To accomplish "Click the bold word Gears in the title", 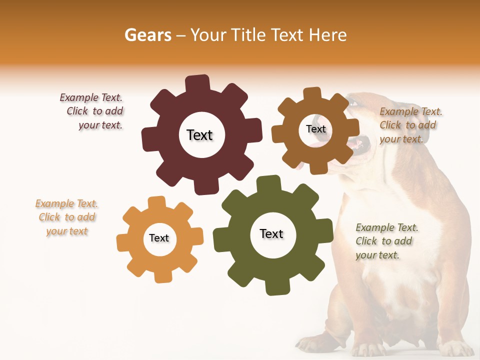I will [x=147, y=35].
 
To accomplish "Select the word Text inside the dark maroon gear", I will [x=199, y=135].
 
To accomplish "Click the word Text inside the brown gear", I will [x=315, y=129].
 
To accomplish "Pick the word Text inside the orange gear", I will [x=159, y=238].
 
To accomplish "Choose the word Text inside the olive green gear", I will [x=271, y=233].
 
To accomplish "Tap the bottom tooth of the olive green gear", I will [x=276, y=287].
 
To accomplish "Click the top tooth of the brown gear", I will [x=311, y=94].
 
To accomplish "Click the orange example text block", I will [x=66, y=217].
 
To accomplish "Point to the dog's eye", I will [x=354, y=103].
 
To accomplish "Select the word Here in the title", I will [x=327, y=35].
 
